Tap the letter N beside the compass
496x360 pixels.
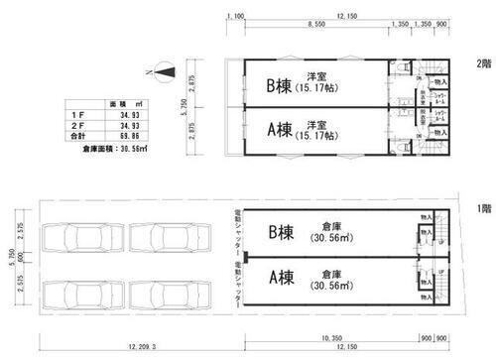[x=147, y=72]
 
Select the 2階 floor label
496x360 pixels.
[x=482, y=64]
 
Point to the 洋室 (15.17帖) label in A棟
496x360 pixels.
[x=317, y=130]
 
